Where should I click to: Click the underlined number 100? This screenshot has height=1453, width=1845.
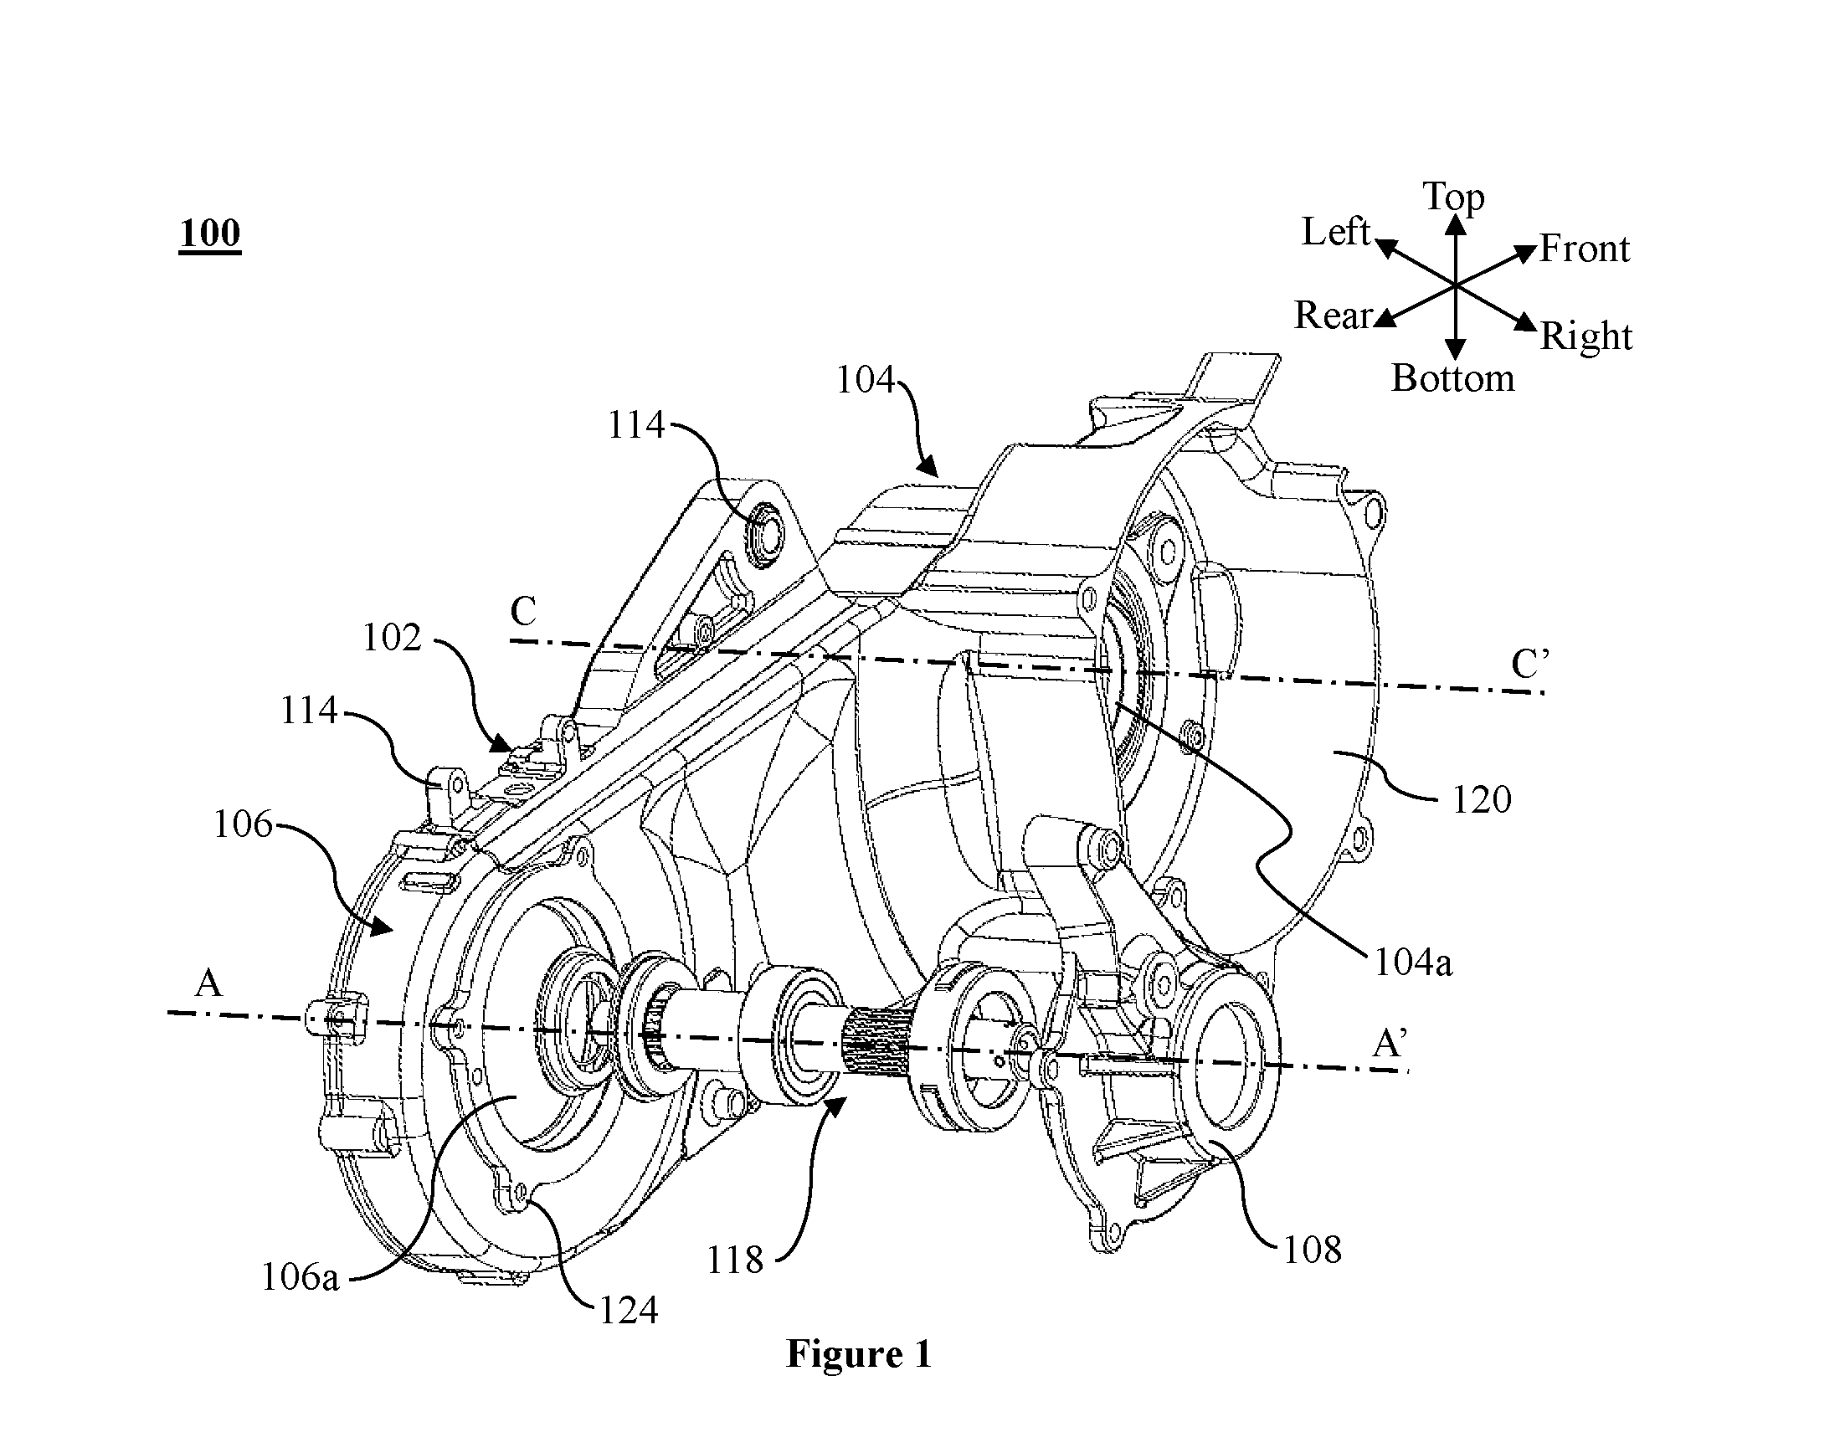click(209, 232)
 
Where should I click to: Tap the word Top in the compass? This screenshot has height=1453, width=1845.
click(1454, 197)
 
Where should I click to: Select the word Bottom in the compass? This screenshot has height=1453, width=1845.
click(1453, 377)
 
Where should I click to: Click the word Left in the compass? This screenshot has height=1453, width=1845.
click(1335, 231)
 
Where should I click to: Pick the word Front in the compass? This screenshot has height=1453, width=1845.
click(1584, 249)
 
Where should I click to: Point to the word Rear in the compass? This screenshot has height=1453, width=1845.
click(1333, 316)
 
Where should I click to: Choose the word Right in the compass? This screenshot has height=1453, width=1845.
click(1586, 336)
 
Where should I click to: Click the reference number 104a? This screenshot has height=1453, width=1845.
click(1413, 963)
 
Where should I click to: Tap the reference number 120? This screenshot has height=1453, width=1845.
click(1481, 799)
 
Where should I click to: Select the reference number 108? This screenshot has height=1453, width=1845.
click(1312, 1250)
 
